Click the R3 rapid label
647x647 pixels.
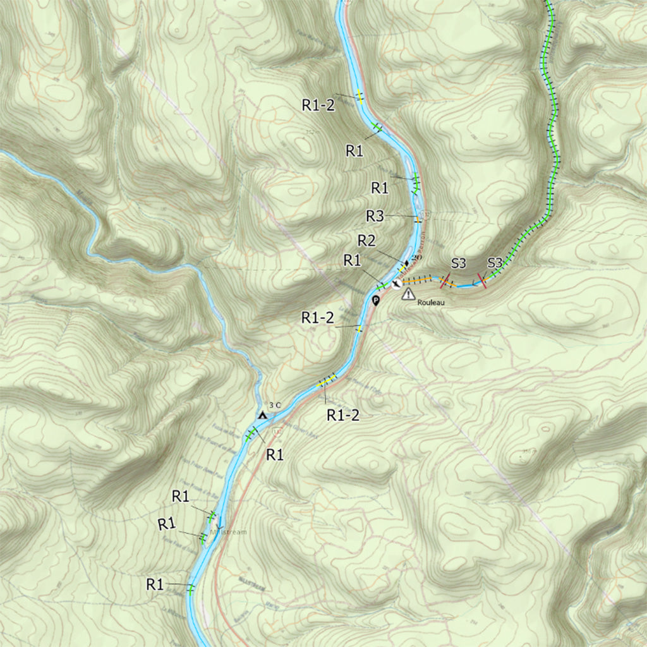coord(375,216)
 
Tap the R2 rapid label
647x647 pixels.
coord(367,241)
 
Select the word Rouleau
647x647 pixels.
coord(432,303)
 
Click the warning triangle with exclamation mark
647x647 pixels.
coord(408,294)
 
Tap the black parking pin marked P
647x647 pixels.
coord(376,301)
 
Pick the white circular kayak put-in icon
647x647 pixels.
coord(396,284)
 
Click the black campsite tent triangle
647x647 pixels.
coord(262,415)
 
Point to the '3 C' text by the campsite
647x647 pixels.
coord(274,405)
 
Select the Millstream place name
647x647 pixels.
coord(230,532)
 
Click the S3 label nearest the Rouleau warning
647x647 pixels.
coord(459,263)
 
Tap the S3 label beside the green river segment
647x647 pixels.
coord(495,263)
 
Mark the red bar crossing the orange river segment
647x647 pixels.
coord(445,281)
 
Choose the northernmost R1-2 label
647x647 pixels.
coord(318,106)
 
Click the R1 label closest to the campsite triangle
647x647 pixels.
coord(275,454)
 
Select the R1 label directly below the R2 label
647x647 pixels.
coord(352,260)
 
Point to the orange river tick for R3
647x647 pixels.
coord(418,219)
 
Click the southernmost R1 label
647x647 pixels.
coord(155,584)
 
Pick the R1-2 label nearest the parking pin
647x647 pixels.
coord(318,318)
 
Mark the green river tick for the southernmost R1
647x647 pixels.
coord(191,588)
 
